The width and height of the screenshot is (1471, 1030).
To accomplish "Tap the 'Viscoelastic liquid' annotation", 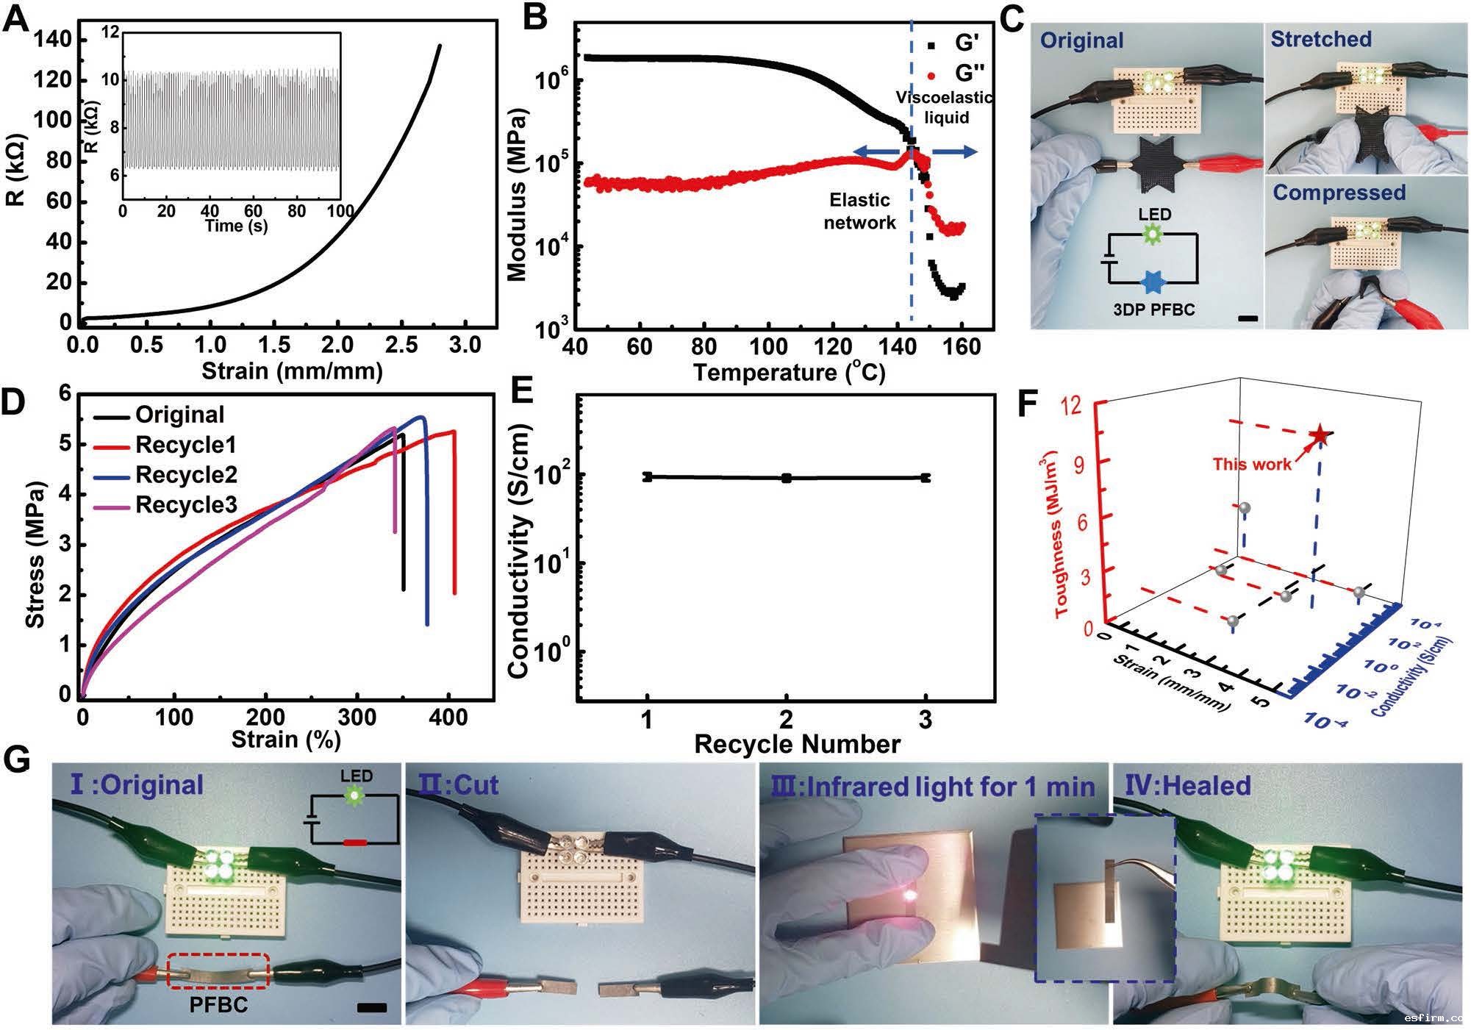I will (944, 107).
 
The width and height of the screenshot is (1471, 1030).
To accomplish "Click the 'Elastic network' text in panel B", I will (859, 211).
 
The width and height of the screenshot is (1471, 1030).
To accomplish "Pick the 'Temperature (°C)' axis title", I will (789, 372).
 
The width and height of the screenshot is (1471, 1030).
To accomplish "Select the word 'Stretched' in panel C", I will (1321, 40).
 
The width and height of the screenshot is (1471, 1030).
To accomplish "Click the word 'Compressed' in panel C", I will (1339, 193).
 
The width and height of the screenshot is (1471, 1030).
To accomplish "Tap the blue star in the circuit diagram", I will (1152, 282).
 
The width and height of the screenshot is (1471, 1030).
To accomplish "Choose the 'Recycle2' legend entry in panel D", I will (185, 475).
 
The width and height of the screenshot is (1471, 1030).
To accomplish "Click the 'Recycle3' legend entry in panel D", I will (185, 505).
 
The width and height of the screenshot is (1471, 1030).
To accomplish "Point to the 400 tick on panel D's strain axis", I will (448, 716).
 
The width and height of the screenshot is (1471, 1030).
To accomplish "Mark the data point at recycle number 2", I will (787, 478).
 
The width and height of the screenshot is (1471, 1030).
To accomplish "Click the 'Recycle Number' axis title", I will (797, 744).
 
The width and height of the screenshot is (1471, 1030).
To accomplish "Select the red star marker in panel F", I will (1320, 435).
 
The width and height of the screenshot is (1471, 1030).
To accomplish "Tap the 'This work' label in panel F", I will (1252, 464).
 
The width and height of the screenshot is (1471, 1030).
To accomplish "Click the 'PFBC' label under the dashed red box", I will (218, 1004).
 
